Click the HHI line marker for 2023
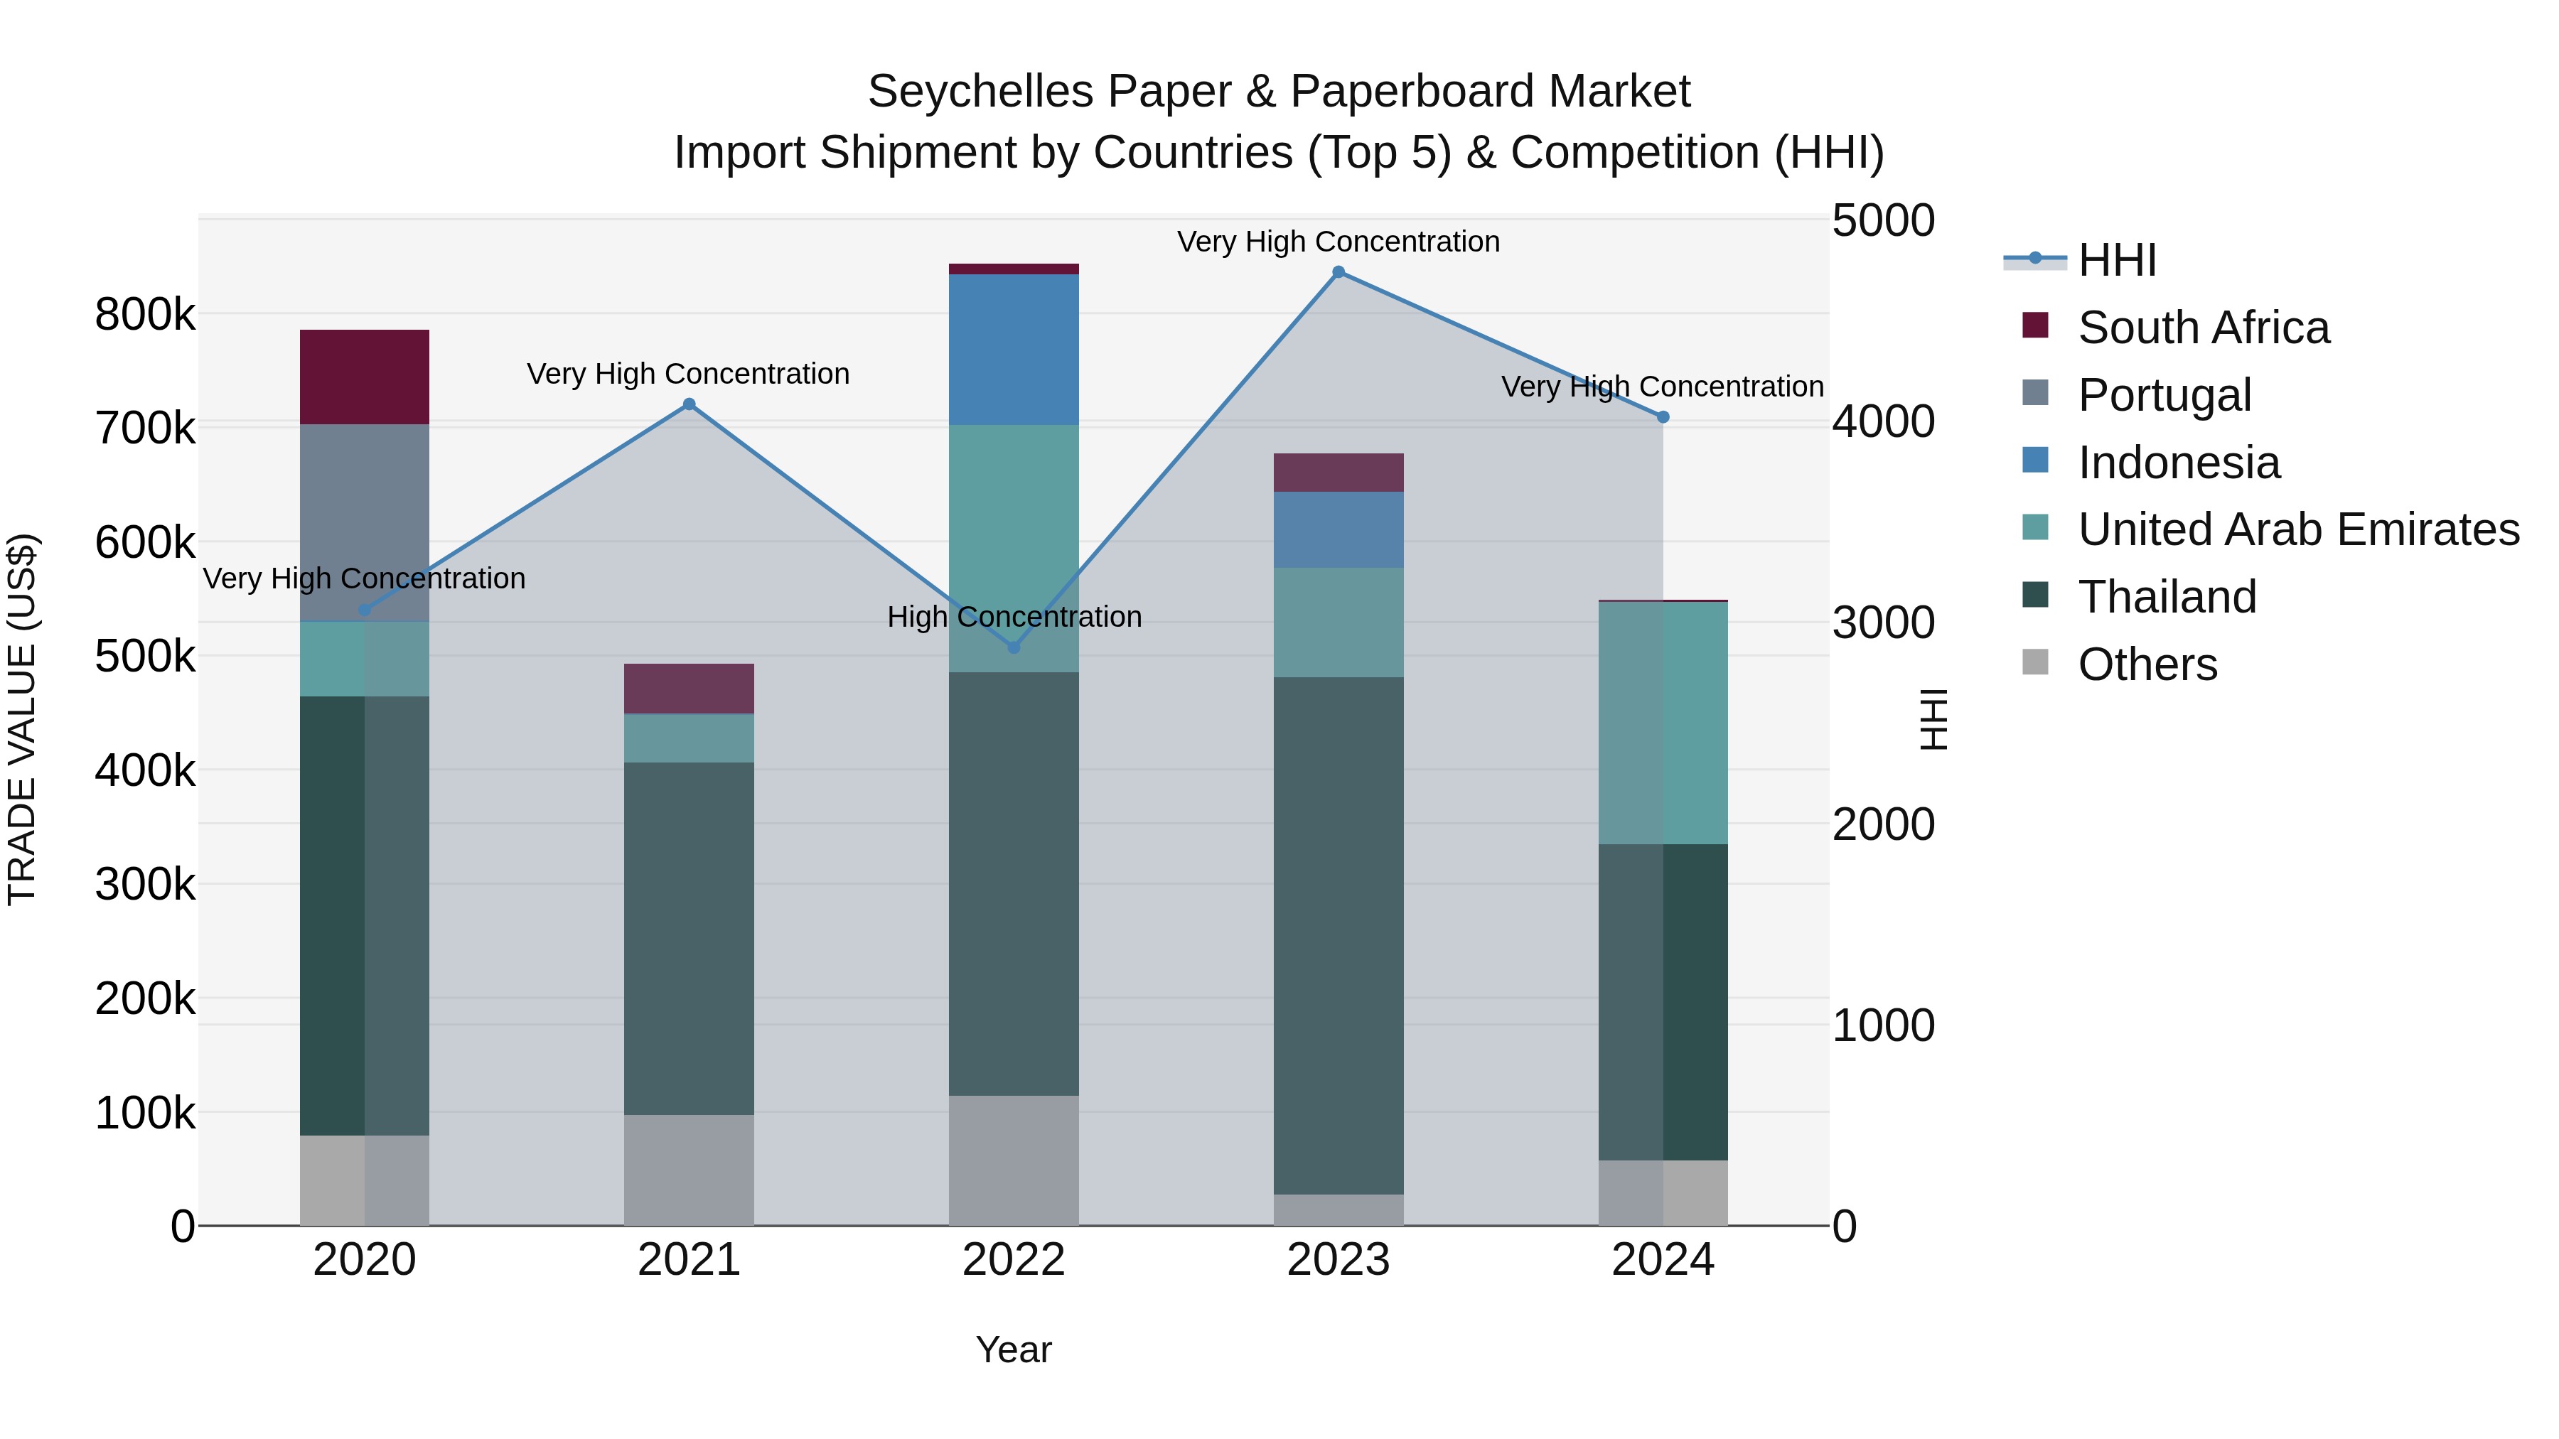tap(1338, 272)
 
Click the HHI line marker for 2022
tap(1013, 647)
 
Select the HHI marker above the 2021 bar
tap(688, 404)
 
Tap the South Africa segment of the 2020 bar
tap(365, 377)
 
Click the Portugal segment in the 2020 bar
tap(365, 522)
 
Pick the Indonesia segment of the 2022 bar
tap(1013, 349)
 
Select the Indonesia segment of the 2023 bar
tap(1338, 529)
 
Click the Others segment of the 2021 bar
tap(688, 1169)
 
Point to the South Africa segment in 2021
tap(688, 688)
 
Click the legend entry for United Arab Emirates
tap(2297, 529)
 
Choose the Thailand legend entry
tap(2167, 597)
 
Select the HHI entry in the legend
tap(2116, 260)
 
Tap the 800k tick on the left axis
tap(145, 315)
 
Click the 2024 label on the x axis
tap(1662, 1260)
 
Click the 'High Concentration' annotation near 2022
tap(1013, 617)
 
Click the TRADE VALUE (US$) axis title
tap(22, 719)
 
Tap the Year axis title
tap(1013, 1349)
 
